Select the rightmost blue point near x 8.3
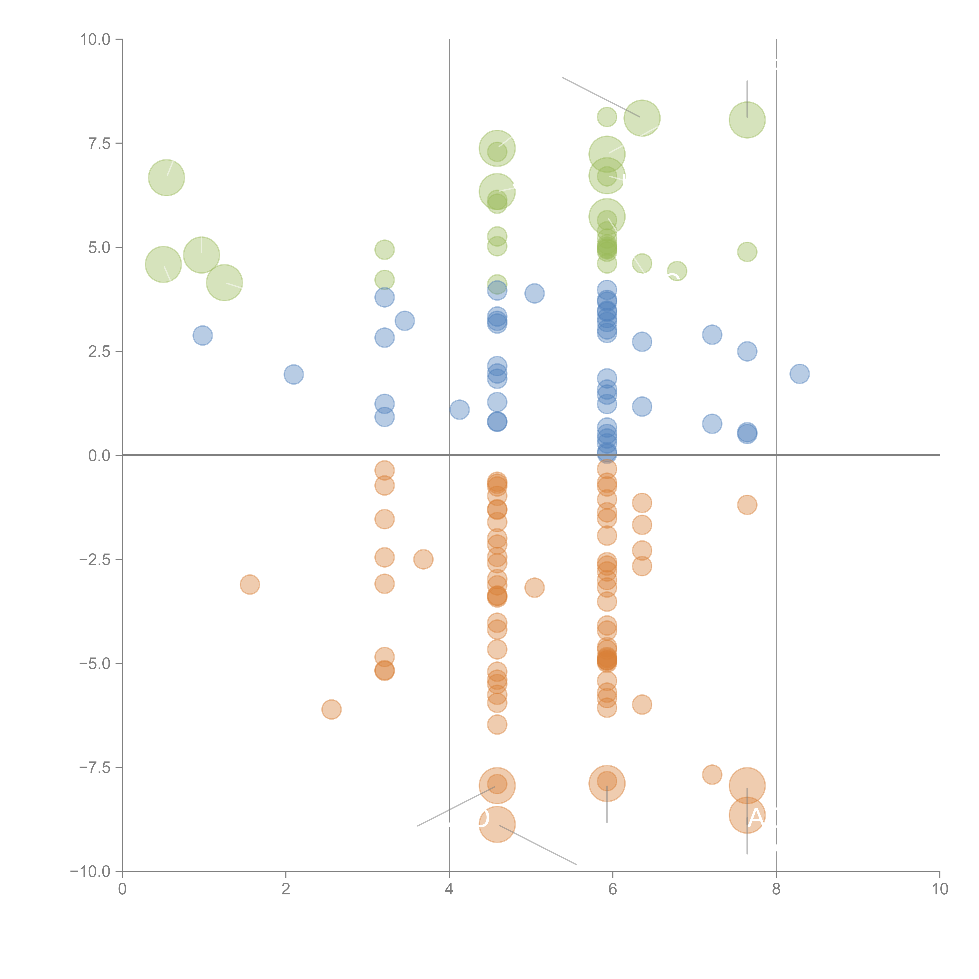(x=799, y=374)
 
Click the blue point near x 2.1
(x=293, y=375)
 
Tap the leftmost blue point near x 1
(x=203, y=335)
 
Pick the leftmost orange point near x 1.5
(x=250, y=584)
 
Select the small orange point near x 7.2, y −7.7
(x=712, y=774)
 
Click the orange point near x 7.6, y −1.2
(x=747, y=505)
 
